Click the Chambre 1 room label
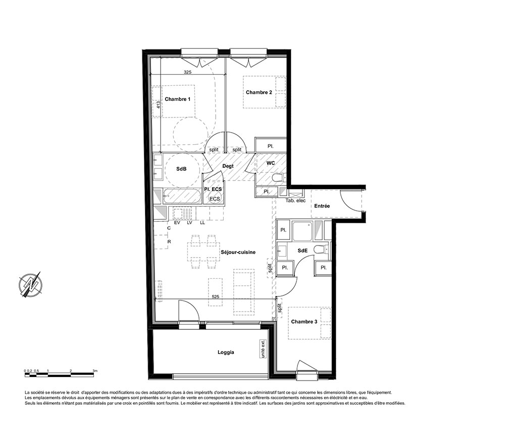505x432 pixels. tap(177, 99)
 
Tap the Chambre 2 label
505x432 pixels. tap(259, 92)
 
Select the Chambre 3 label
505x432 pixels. tap(304, 322)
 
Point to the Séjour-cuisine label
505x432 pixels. tap(238, 253)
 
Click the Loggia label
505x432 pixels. tap(226, 352)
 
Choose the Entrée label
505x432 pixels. tap(322, 206)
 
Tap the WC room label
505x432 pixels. tap(271, 163)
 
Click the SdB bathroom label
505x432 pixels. tap(181, 169)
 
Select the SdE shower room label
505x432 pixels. tap(302, 251)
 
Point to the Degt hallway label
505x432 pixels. tap(228, 166)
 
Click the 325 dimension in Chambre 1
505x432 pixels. tap(187, 72)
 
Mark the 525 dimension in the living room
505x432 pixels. tap(216, 296)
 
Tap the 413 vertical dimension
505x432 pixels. tap(158, 104)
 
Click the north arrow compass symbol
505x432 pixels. tap(31, 284)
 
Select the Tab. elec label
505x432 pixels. tap(295, 201)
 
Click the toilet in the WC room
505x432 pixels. tap(278, 178)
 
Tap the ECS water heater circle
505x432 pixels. tap(215, 198)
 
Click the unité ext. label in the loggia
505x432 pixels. tap(264, 349)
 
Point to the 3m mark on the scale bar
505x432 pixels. tap(95, 371)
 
